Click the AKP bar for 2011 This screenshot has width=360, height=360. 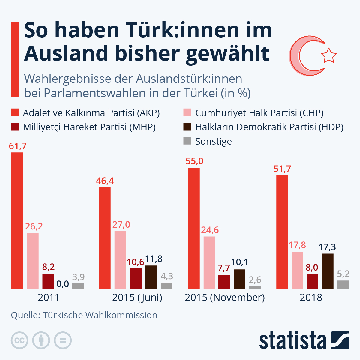point(17,220)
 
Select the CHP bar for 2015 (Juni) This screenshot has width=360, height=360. point(120,260)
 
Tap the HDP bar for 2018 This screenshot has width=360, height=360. point(328,271)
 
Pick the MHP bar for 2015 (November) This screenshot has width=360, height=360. point(224,282)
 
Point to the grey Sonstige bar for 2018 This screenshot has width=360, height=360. point(343,285)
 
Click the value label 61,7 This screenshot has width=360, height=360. point(18,146)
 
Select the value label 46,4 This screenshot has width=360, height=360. point(105,181)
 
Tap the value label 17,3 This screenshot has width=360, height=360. point(327,247)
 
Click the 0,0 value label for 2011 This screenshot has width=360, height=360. point(63,284)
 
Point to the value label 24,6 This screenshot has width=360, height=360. point(210,230)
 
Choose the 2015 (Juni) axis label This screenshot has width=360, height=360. point(137,297)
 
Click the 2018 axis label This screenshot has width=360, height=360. point(311,297)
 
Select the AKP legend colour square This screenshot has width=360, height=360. point(15,112)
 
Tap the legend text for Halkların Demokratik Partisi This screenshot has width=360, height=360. point(269,127)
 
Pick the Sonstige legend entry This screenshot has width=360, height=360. point(213,141)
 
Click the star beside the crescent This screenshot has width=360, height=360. point(328,55)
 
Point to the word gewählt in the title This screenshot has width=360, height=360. point(228,53)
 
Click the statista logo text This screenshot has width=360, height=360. point(292,340)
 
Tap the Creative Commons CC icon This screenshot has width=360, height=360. point(19,340)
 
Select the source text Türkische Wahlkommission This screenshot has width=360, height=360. point(100,315)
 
